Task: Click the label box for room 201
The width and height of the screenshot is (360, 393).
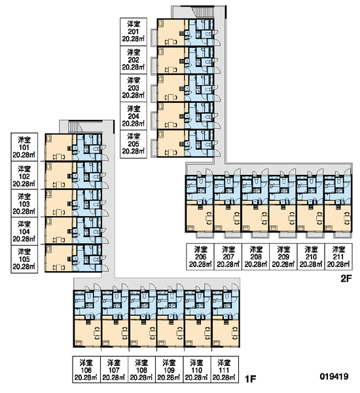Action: click(134, 32)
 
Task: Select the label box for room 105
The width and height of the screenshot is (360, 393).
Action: click(24, 259)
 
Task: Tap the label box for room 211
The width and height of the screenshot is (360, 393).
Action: click(338, 257)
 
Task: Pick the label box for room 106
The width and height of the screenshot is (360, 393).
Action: click(86, 369)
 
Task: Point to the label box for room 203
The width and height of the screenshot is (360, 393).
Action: click(134, 88)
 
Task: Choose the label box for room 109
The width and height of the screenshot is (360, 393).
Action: click(169, 369)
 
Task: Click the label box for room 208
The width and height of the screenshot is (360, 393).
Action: click(256, 257)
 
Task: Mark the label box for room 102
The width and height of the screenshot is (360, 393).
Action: click(24, 175)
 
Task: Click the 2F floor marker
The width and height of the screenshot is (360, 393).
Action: click(346, 278)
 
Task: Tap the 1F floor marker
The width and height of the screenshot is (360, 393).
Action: click(250, 379)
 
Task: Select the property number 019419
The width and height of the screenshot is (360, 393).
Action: click(334, 376)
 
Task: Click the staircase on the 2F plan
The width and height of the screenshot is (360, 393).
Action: click(204, 12)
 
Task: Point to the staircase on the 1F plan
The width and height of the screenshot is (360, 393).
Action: click(76, 126)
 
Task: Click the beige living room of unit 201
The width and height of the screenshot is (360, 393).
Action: click(171, 32)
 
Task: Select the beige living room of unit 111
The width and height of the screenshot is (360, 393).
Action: click(225, 333)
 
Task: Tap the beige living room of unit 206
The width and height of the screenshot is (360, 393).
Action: click(199, 218)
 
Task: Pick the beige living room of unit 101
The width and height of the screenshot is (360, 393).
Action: click(59, 147)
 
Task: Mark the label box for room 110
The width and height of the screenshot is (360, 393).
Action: click(196, 369)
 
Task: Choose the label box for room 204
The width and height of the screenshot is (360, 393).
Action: click(134, 116)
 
